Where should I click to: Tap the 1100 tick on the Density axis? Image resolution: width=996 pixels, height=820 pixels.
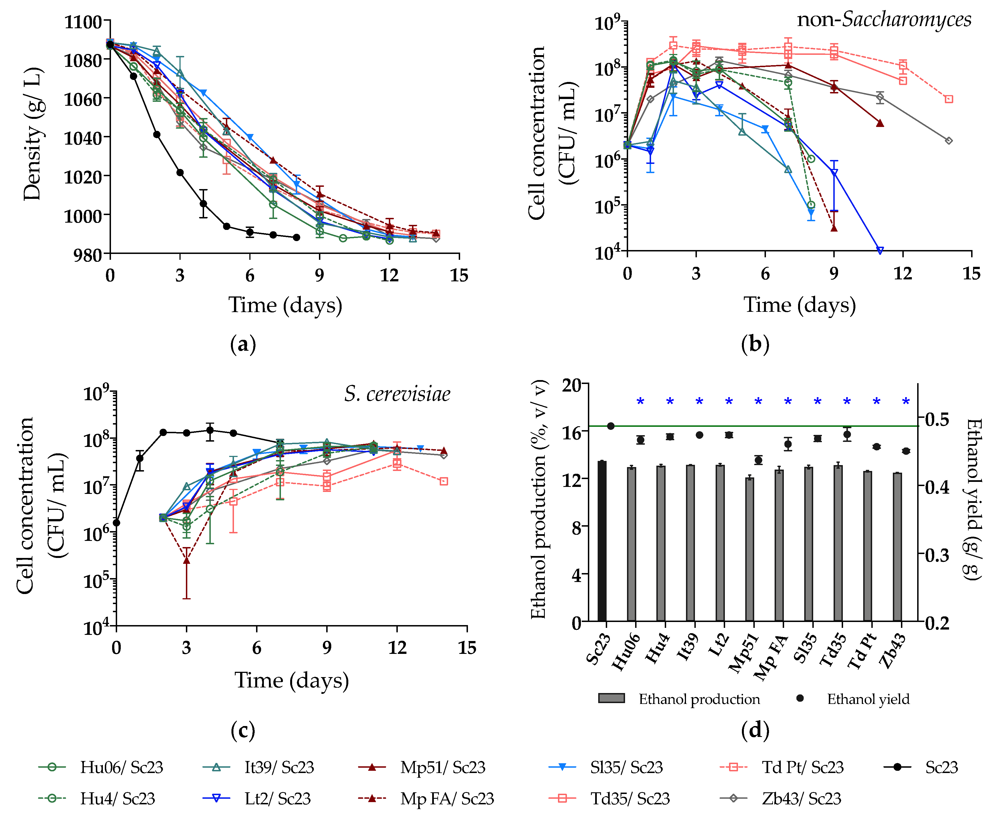pyautogui.click(x=83, y=22)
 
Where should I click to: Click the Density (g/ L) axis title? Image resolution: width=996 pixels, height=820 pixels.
pyautogui.click(x=33, y=135)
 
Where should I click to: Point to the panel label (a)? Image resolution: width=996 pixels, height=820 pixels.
pyautogui.click(x=243, y=344)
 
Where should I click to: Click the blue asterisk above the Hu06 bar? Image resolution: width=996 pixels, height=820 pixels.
pyautogui.click(x=640, y=402)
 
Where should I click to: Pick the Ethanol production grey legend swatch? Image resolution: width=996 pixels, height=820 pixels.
pyautogui.click(x=611, y=698)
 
